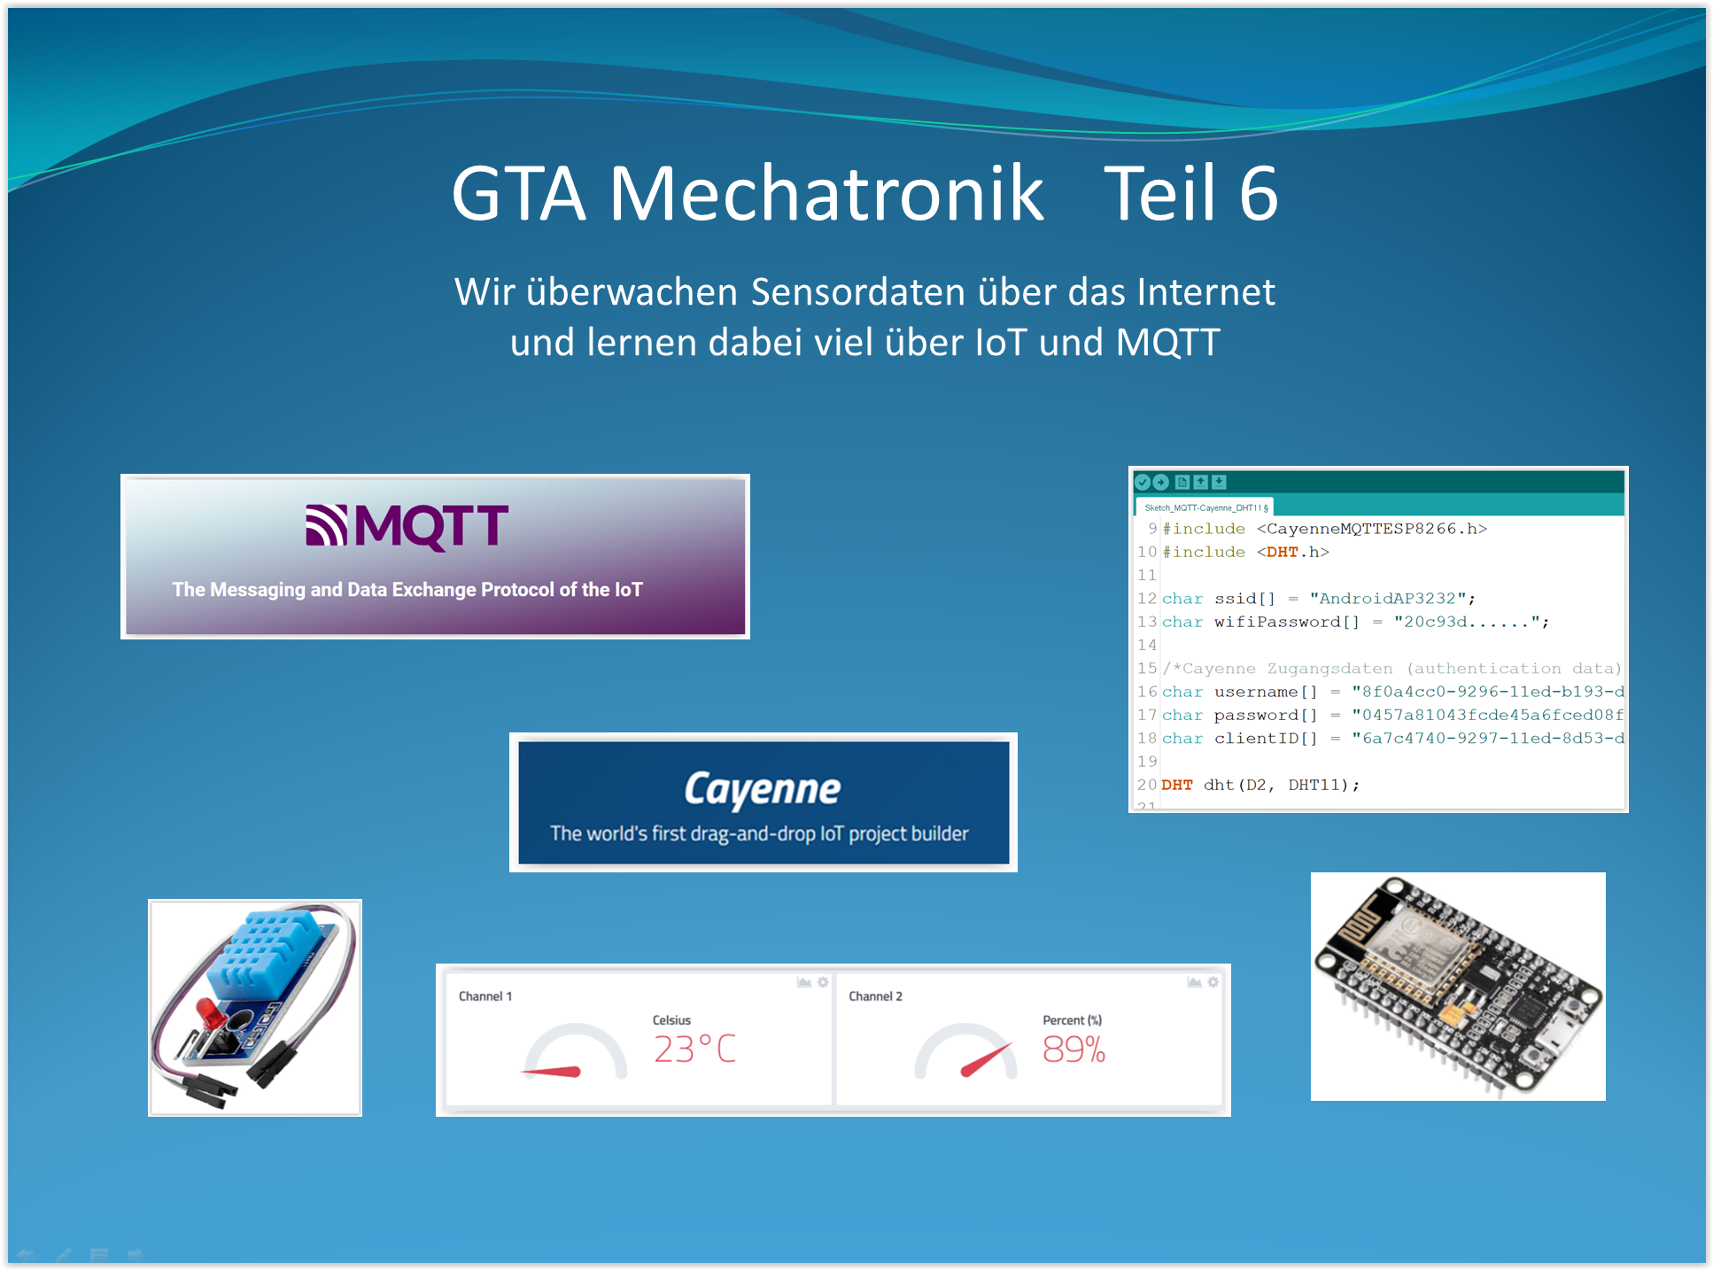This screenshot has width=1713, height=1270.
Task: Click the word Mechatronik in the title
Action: (x=826, y=193)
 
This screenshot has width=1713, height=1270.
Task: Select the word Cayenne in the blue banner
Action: (x=763, y=789)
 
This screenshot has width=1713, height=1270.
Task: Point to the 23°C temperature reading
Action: (x=695, y=1049)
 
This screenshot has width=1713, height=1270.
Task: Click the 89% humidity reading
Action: (x=1074, y=1049)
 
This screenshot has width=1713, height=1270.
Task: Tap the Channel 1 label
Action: (x=485, y=996)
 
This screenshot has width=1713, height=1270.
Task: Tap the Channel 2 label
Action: (x=875, y=996)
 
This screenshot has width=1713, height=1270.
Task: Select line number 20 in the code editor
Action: (x=1147, y=785)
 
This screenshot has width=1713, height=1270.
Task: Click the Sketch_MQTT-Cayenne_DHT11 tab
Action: (x=1205, y=507)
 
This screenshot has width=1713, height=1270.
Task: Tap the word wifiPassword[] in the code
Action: (x=1286, y=622)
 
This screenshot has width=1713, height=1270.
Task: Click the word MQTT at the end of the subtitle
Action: (x=1168, y=343)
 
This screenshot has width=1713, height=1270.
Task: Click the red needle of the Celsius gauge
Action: (x=551, y=1072)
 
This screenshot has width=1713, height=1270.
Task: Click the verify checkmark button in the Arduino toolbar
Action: (x=1143, y=482)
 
